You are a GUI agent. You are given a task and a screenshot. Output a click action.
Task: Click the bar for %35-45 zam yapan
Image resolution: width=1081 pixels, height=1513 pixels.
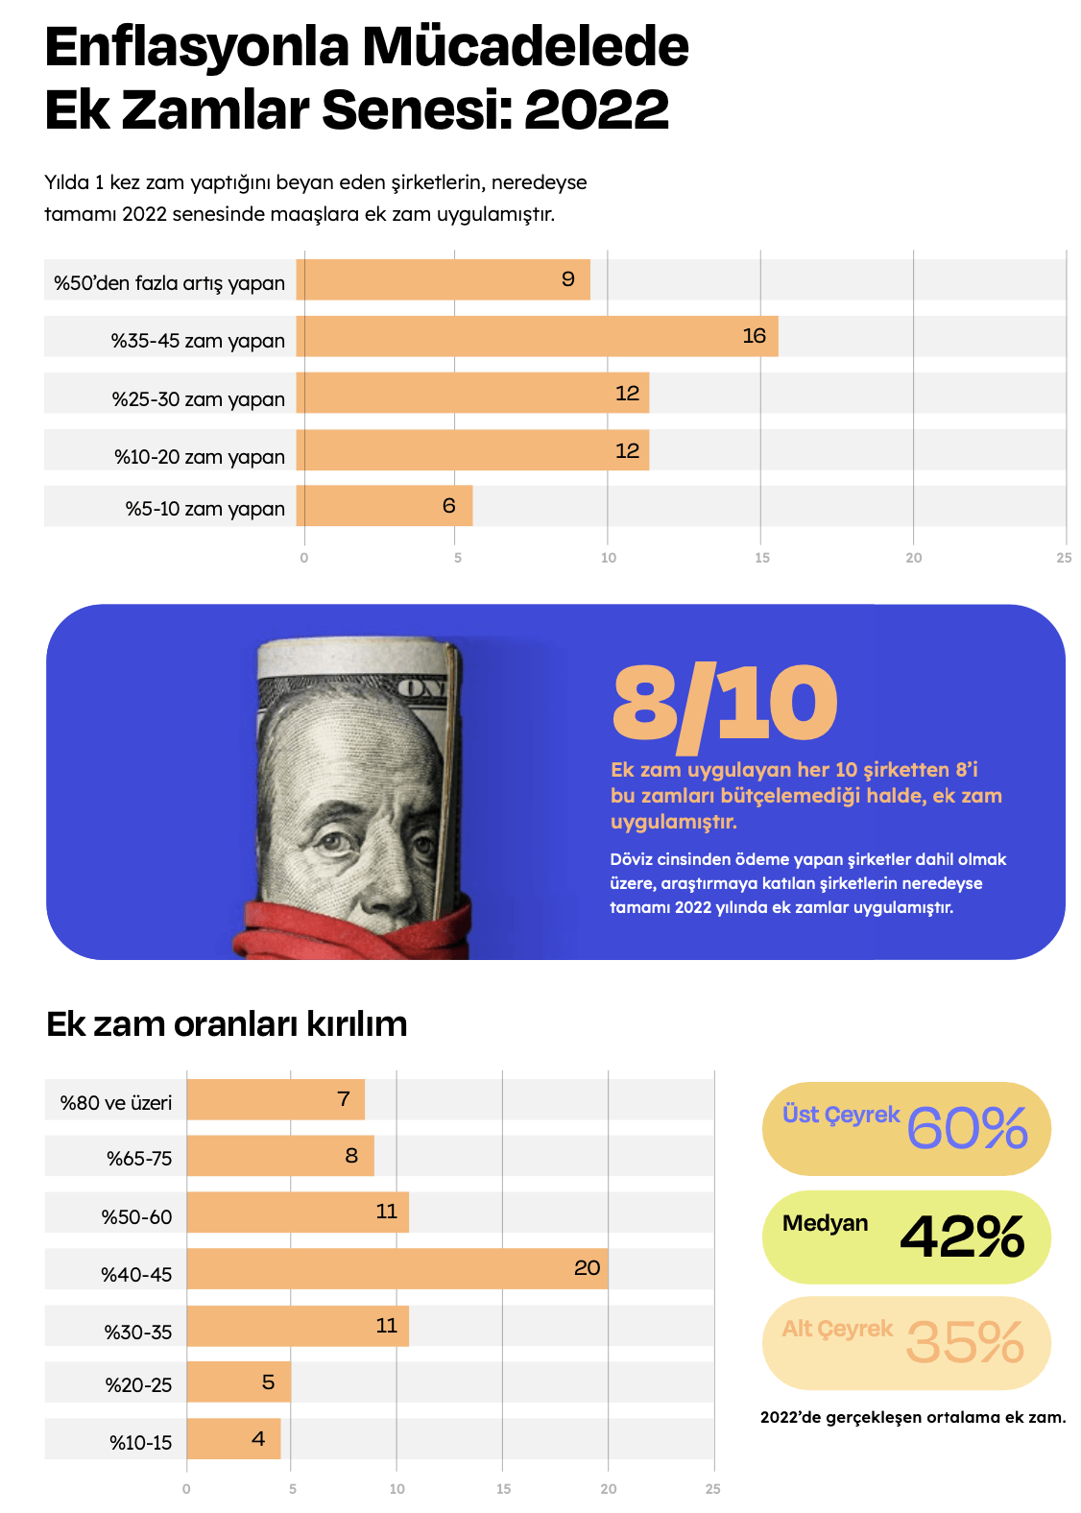point(538,337)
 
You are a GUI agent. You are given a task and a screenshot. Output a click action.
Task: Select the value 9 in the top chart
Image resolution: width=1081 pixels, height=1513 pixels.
point(568,279)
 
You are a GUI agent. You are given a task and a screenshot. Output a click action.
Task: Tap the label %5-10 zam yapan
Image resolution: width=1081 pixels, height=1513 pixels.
point(204,509)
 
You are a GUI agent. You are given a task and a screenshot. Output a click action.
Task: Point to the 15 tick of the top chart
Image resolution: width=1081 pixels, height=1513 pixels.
point(761,558)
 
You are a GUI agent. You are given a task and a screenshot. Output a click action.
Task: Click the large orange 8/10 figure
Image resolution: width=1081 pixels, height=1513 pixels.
point(725,704)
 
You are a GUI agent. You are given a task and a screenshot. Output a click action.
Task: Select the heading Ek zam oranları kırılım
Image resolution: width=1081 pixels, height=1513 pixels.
point(227,1024)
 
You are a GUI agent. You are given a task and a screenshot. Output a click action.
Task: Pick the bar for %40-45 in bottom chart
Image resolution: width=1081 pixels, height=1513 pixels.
point(397,1269)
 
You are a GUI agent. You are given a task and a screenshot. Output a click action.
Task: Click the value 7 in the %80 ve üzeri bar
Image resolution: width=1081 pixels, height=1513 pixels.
point(344,1099)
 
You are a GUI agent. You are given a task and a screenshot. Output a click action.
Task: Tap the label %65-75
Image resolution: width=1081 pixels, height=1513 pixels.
point(139,1159)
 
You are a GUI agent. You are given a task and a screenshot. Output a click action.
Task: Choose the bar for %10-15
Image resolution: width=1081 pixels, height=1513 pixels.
point(233,1439)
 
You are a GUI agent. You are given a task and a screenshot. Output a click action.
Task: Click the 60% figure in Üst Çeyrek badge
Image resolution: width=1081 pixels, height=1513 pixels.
point(967,1128)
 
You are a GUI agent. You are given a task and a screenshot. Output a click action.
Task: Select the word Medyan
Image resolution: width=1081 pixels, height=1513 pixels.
point(825,1223)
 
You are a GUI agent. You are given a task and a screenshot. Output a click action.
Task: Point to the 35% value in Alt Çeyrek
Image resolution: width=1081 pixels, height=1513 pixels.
point(965,1342)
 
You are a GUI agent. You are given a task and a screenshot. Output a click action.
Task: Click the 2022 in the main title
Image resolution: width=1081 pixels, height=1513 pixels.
point(596,109)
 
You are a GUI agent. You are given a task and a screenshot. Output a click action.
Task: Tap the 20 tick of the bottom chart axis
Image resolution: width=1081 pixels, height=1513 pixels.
point(609,1489)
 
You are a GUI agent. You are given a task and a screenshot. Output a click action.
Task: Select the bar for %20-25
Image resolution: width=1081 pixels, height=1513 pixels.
point(238,1382)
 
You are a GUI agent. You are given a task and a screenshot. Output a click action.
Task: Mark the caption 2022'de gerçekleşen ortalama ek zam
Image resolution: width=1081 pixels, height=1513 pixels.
point(912,1417)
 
